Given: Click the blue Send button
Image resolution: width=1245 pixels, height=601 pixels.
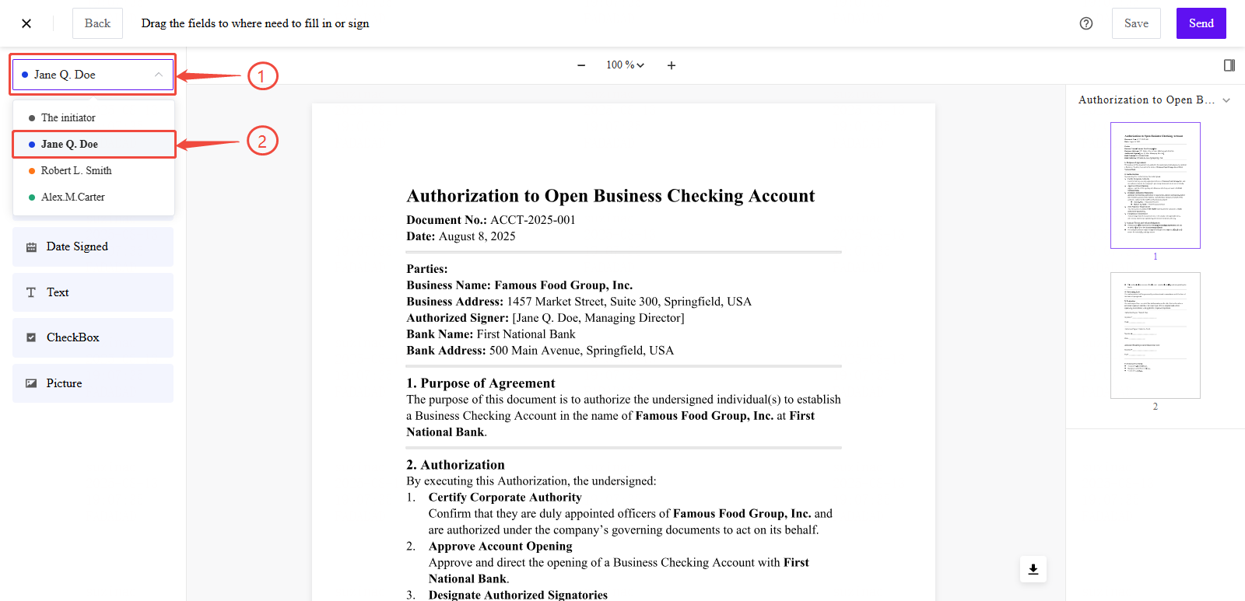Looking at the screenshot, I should (1201, 23).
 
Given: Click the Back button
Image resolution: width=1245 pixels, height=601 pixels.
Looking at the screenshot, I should (97, 23).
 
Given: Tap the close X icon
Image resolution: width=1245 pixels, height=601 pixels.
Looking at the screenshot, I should (26, 23).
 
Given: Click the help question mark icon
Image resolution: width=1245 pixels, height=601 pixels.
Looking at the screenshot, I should (1086, 23).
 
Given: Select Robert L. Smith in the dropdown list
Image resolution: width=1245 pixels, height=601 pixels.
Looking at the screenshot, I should (76, 171).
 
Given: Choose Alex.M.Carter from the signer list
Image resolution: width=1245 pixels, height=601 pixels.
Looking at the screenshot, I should (73, 197).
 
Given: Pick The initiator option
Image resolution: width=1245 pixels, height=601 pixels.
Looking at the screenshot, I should (68, 118).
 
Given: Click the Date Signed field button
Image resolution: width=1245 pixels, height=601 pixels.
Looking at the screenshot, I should (93, 246).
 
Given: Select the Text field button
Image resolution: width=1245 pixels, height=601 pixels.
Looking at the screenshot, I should (93, 292).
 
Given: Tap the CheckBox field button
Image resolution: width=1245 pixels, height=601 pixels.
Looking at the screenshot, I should (93, 337).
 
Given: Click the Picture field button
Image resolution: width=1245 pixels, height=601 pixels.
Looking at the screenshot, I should (93, 383).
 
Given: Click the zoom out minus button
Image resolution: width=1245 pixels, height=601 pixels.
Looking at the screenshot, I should (581, 65).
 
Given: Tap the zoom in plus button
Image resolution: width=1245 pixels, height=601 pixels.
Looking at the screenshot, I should (672, 65).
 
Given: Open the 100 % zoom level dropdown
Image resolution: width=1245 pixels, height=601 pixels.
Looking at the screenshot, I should (625, 65).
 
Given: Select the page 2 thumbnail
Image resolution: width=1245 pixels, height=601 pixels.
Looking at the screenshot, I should (1155, 335).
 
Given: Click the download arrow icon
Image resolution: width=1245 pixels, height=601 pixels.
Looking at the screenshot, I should (1033, 569).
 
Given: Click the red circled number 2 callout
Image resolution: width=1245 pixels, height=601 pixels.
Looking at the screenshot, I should (262, 141).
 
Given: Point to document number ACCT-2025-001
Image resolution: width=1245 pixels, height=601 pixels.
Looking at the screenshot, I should (532, 220).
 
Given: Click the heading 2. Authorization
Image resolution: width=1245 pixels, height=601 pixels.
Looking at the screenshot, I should (455, 465).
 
